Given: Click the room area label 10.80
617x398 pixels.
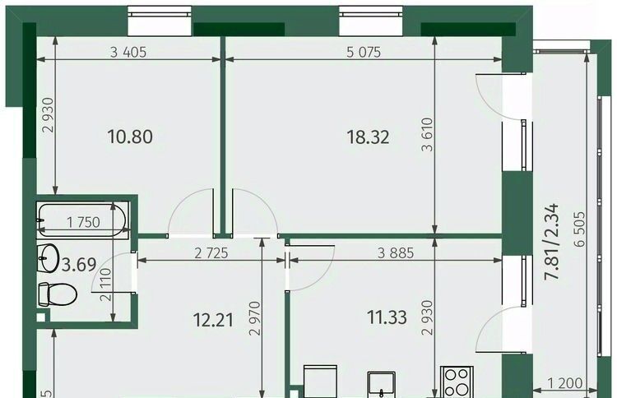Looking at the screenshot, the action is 130,137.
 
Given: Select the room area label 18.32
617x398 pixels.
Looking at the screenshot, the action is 368,137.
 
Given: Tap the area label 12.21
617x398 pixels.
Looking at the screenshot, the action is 213,320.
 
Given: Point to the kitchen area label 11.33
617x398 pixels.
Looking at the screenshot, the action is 387,317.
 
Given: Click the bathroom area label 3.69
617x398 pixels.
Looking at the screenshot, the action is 79,265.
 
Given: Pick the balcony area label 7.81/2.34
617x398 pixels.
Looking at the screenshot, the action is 551,242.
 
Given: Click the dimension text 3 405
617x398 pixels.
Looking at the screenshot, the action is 128,52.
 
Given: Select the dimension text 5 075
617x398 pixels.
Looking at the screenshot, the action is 364,52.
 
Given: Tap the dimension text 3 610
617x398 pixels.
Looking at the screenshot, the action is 427,134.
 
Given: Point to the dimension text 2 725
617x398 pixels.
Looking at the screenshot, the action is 211,253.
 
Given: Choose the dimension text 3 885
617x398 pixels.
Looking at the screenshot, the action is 396,253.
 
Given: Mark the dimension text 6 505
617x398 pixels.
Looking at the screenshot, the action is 580,229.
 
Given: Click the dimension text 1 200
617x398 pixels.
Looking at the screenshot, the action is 565,382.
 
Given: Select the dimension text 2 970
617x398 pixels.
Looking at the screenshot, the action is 255,318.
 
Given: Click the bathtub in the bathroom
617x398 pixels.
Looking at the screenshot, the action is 81,220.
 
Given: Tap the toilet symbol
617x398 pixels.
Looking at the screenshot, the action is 58,294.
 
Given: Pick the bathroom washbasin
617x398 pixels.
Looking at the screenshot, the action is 48,258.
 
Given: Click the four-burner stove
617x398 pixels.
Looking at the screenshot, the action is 457,382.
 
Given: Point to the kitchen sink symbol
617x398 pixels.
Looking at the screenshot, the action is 381,385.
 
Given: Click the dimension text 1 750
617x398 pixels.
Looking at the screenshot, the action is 83,222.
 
